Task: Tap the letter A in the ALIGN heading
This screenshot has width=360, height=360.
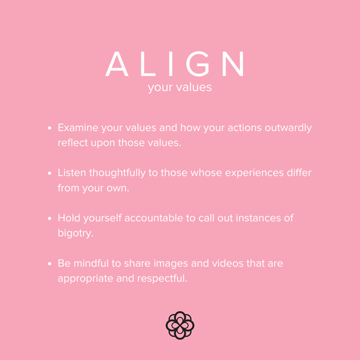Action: pyautogui.click(x=116, y=64)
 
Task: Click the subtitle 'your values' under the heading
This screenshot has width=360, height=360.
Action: pyautogui.click(x=180, y=87)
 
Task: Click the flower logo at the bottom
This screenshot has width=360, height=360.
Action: pyautogui.click(x=180, y=325)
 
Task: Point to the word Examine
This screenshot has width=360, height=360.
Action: pyautogui.click(x=78, y=128)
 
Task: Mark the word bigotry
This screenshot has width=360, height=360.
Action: pyautogui.click(x=75, y=233)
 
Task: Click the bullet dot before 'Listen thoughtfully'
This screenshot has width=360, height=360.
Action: pyautogui.click(x=50, y=173)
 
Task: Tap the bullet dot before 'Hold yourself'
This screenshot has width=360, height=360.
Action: pyautogui.click(x=50, y=218)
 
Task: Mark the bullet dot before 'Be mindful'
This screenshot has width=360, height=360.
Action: pyautogui.click(x=50, y=263)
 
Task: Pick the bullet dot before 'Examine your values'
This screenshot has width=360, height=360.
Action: pyautogui.click(x=50, y=128)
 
